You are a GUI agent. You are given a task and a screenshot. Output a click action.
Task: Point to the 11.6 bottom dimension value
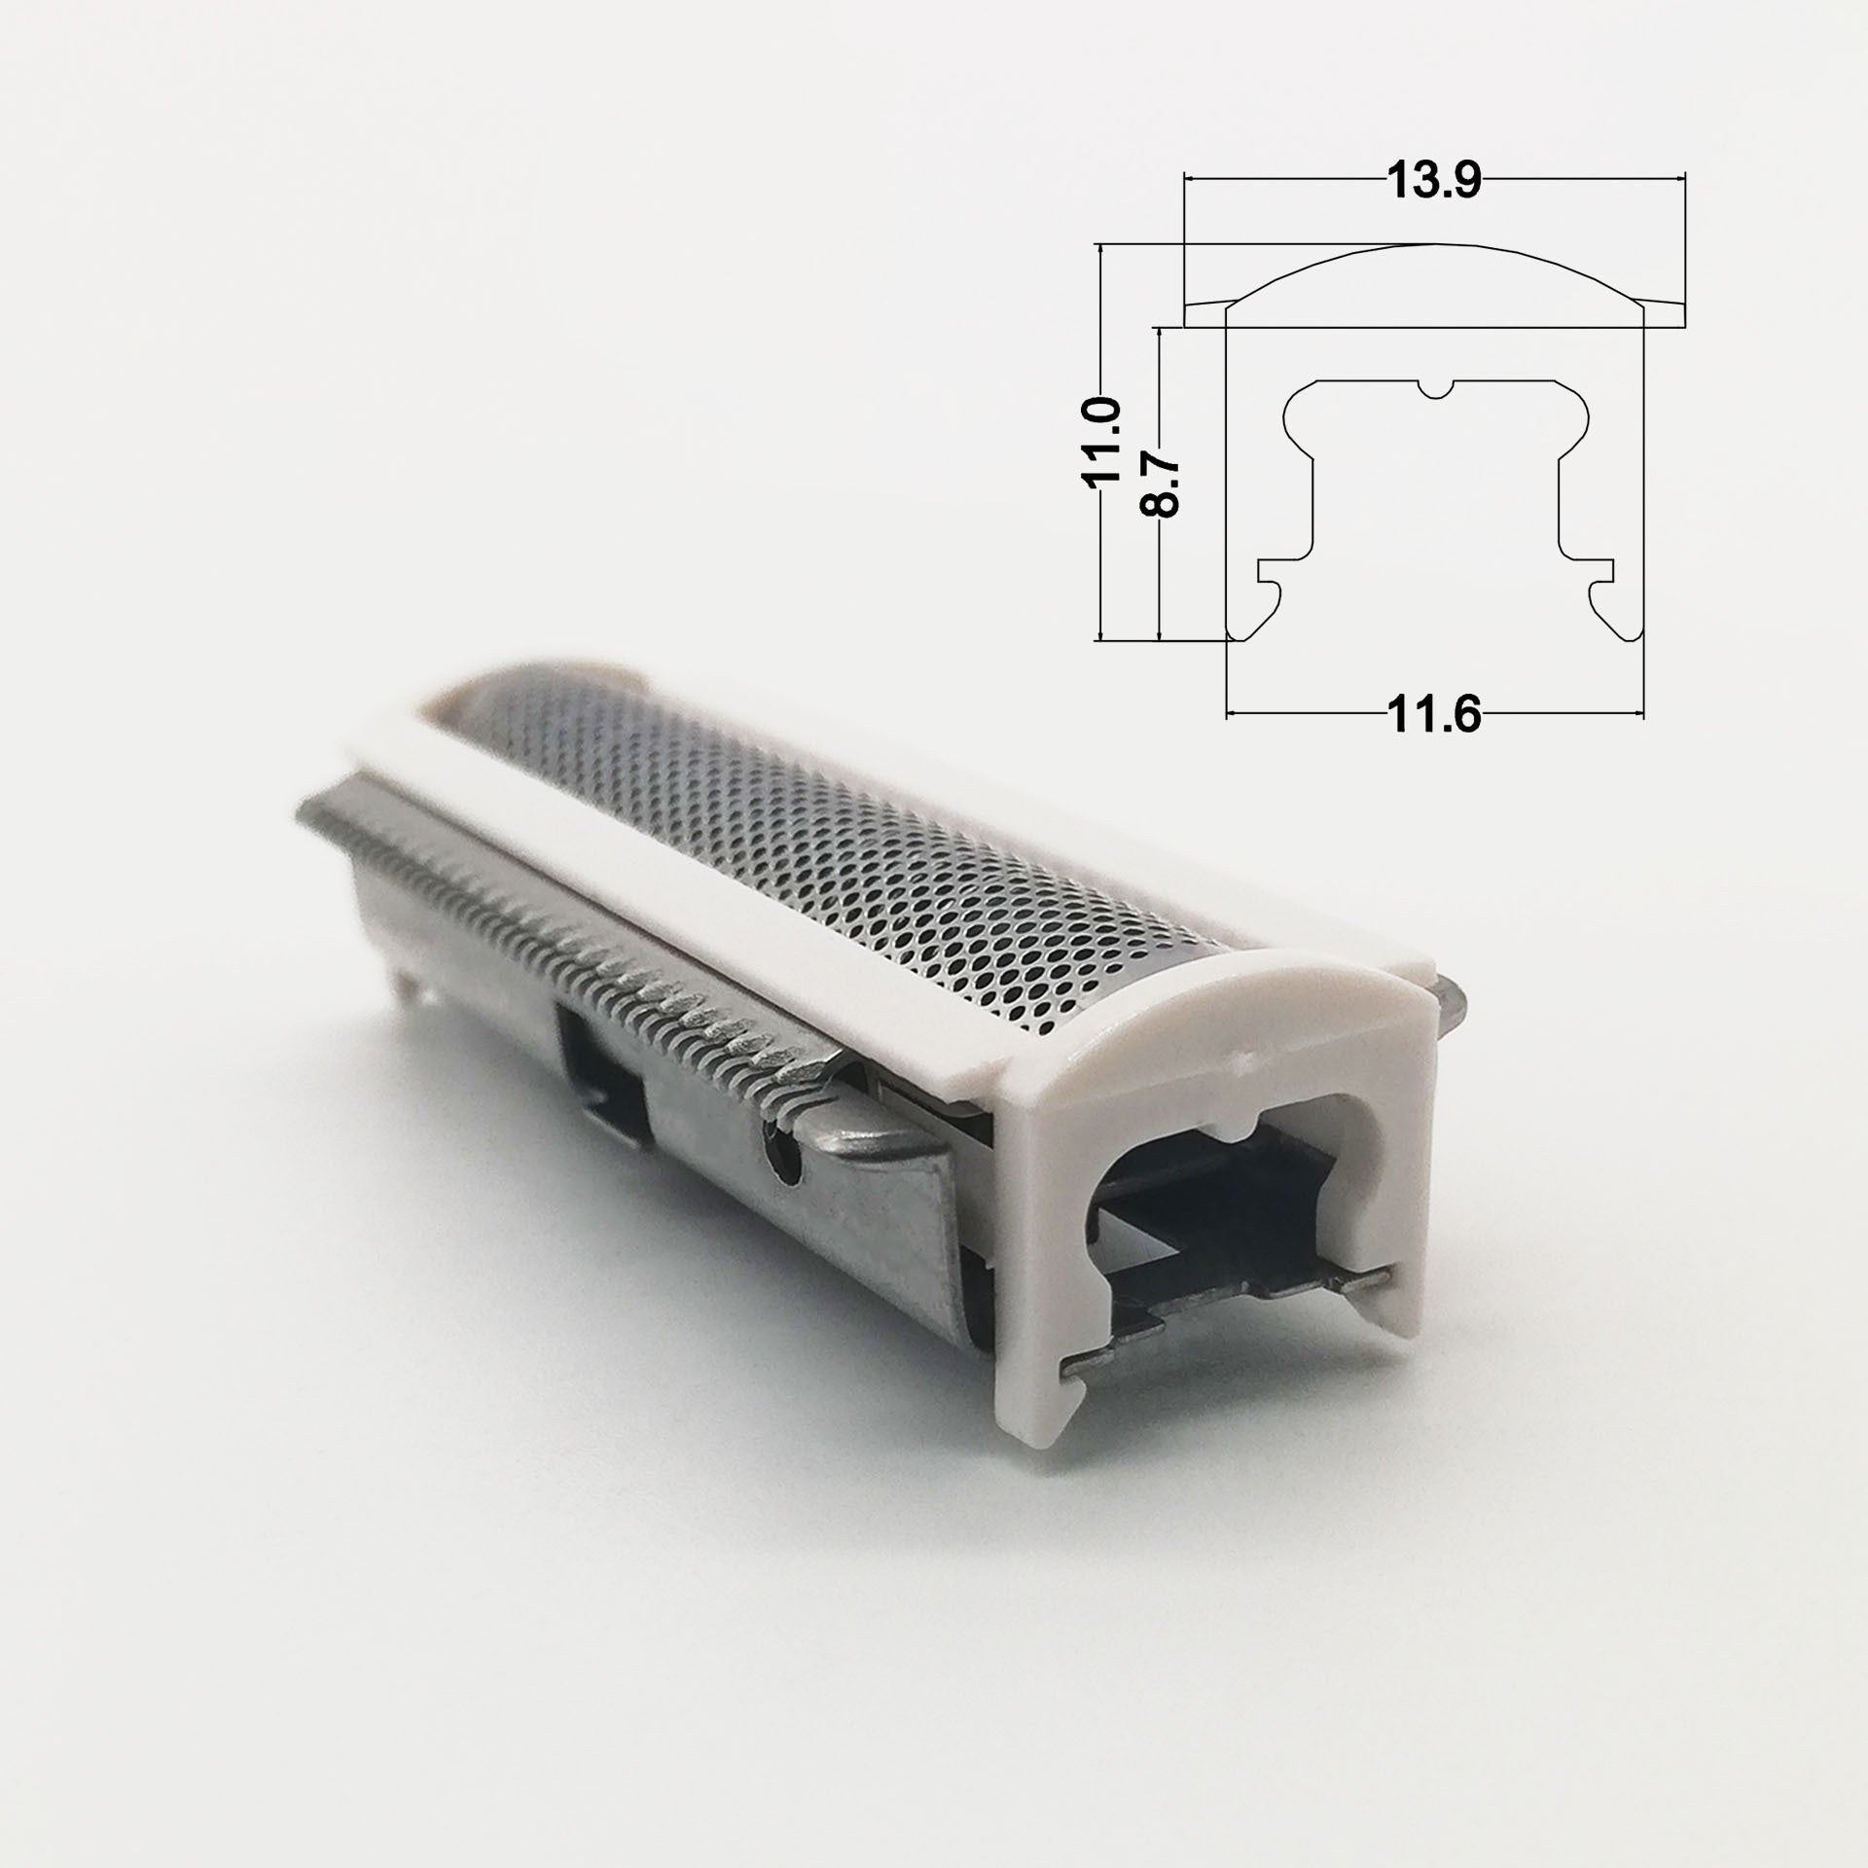[x=1433, y=715]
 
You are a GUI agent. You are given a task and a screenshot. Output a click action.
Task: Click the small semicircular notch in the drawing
[x=1435, y=389]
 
